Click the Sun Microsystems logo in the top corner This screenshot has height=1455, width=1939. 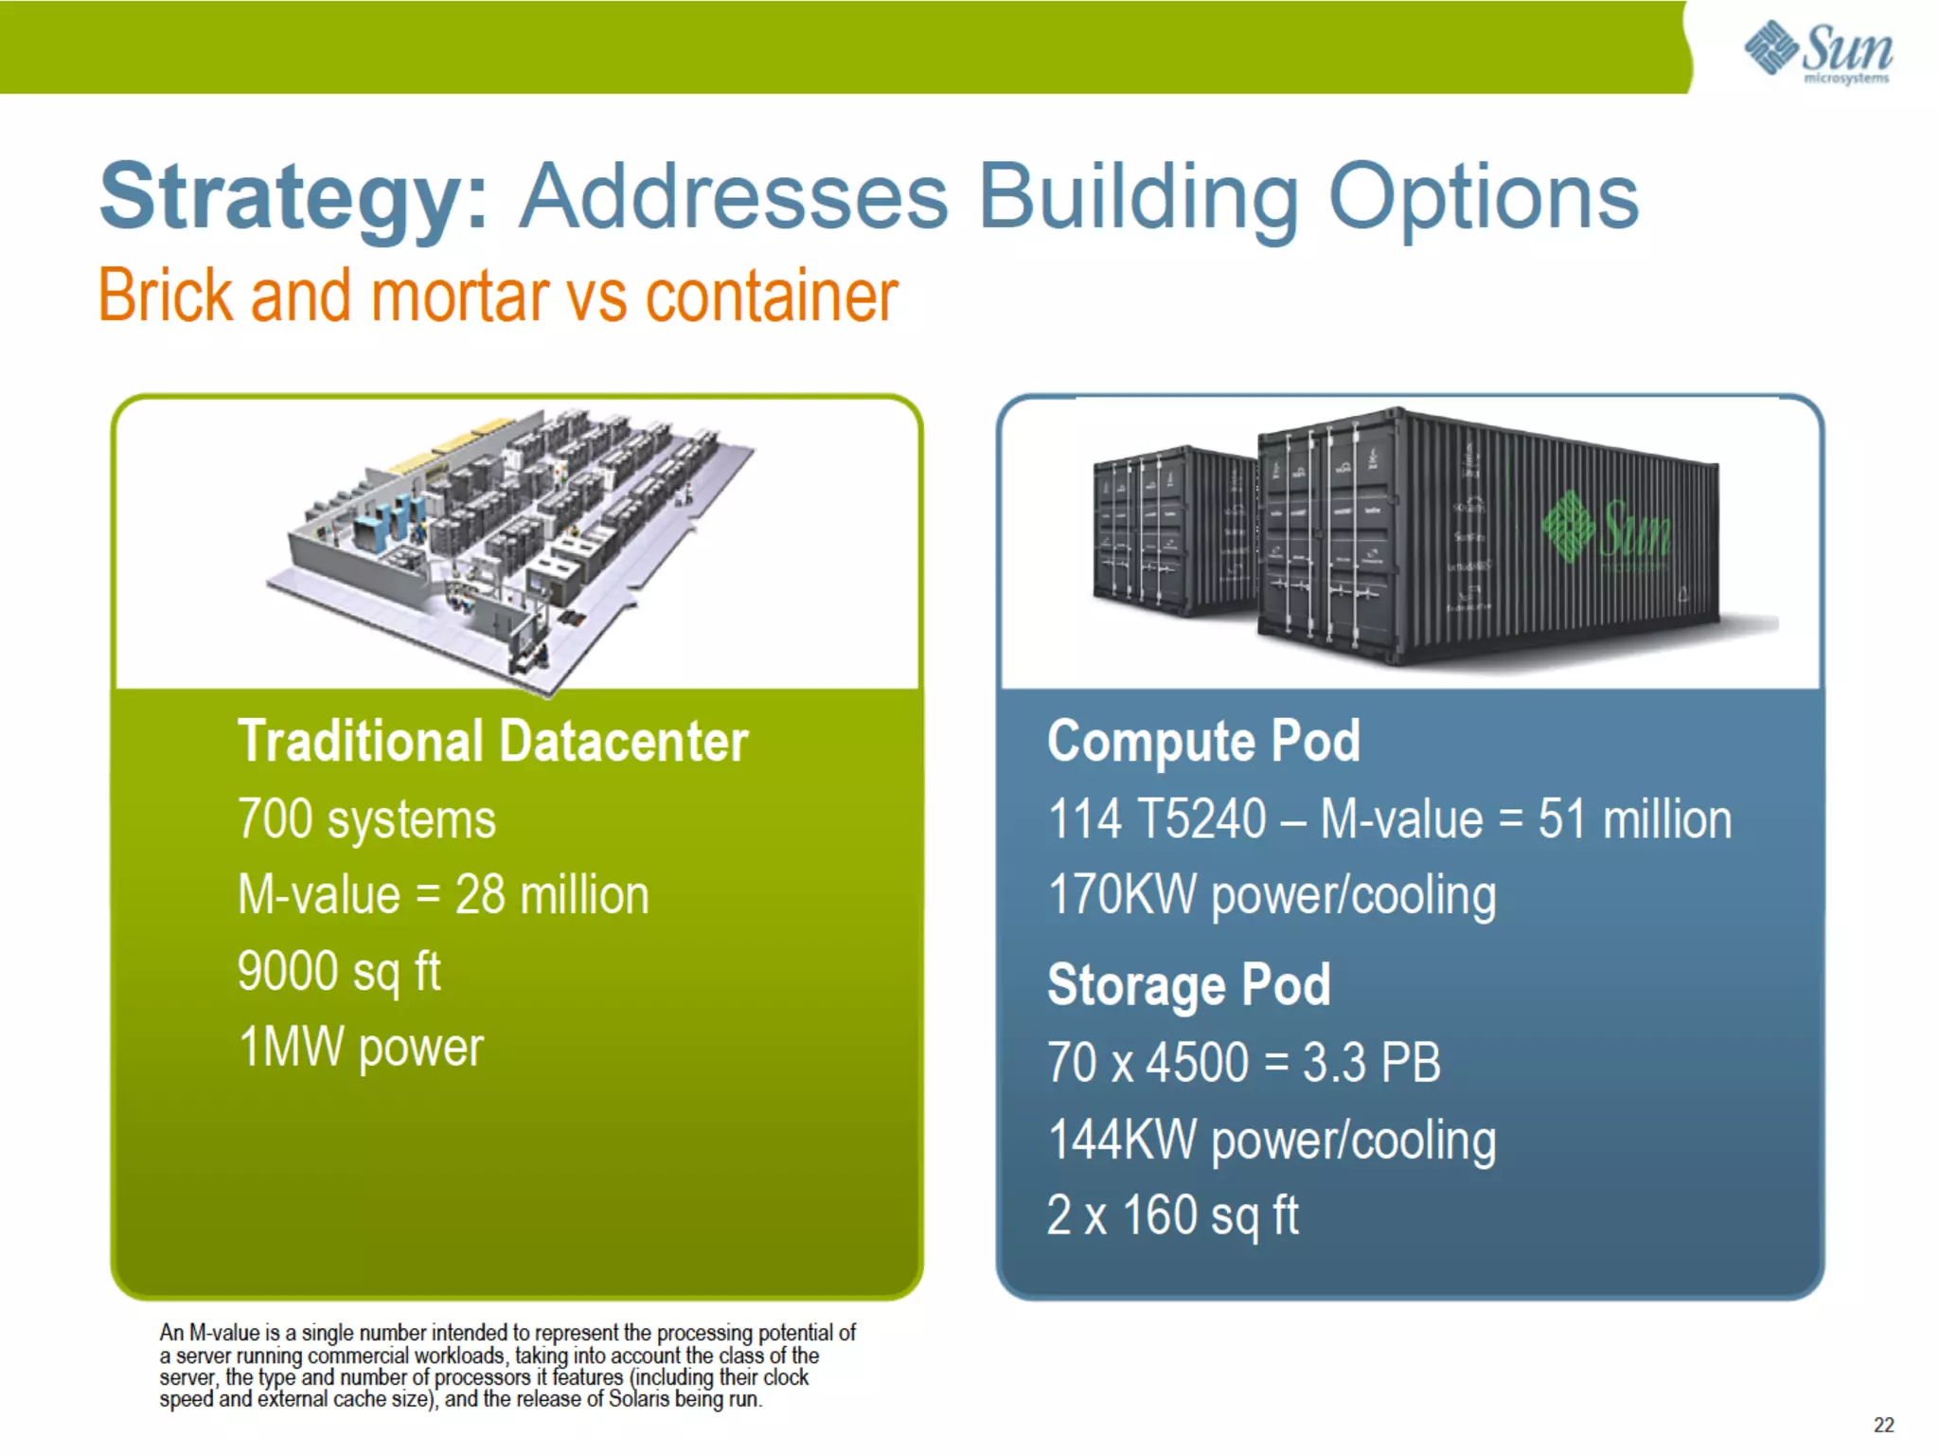pos(1818,51)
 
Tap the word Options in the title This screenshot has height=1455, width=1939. pos(1483,197)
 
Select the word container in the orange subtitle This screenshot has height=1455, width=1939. pos(771,296)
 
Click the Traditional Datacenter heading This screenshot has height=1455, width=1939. pos(492,741)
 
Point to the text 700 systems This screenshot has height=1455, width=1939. pos(366,819)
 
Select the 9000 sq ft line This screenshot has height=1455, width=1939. pos(339,972)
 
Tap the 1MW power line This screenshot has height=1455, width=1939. pos(361,1048)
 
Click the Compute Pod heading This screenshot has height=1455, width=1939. pos(1203,741)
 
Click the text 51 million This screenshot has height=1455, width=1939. pos(1634,819)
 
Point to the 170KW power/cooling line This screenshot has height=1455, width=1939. pos(1272,896)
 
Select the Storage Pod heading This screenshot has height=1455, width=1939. pos(1189,985)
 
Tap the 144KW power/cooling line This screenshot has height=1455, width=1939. pos(1272,1141)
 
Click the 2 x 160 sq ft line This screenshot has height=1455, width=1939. pos(1172,1216)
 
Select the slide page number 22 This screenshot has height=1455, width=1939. pos(1883,1425)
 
